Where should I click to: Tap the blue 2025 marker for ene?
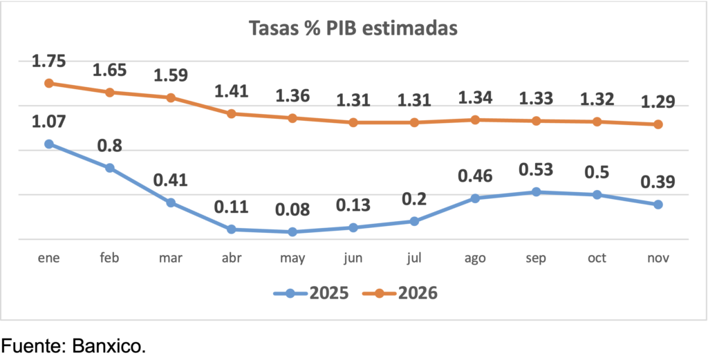pos(49,144)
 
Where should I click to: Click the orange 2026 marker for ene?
pos(49,83)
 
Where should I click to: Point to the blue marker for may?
pos(292,231)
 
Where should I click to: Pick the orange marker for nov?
pos(658,124)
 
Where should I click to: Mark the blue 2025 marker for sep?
pos(537,191)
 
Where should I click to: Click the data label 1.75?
pos(49,61)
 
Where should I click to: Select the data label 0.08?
pos(292,209)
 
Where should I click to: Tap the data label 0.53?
pos(537,169)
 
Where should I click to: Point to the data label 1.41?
pos(232,91)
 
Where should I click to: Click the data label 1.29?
pos(658,103)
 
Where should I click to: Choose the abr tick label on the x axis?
pos(232,258)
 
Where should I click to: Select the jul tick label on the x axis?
pos(414,258)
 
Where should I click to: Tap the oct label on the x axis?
pos(597,258)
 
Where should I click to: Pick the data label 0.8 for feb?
pos(110,146)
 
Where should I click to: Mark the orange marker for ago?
pos(476,120)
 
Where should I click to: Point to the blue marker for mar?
pos(171,202)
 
